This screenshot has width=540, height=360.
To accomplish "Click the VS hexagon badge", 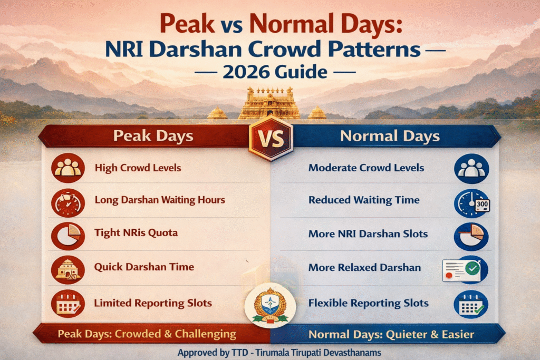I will [270, 138].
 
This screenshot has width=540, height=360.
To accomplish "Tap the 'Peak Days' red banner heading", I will [153, 136].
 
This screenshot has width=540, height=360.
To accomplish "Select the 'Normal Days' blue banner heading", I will [390, 136].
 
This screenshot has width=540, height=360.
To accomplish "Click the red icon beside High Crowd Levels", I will [68, 168].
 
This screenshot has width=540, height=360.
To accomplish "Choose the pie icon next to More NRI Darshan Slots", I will [471, 236].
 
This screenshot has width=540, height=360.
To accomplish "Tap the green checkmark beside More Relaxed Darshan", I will [472, 268].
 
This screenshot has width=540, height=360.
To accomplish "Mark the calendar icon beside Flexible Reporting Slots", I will [471, 305].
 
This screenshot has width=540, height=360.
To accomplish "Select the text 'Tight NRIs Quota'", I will [136, 232].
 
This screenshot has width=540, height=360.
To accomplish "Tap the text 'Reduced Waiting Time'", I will [364, 200].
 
